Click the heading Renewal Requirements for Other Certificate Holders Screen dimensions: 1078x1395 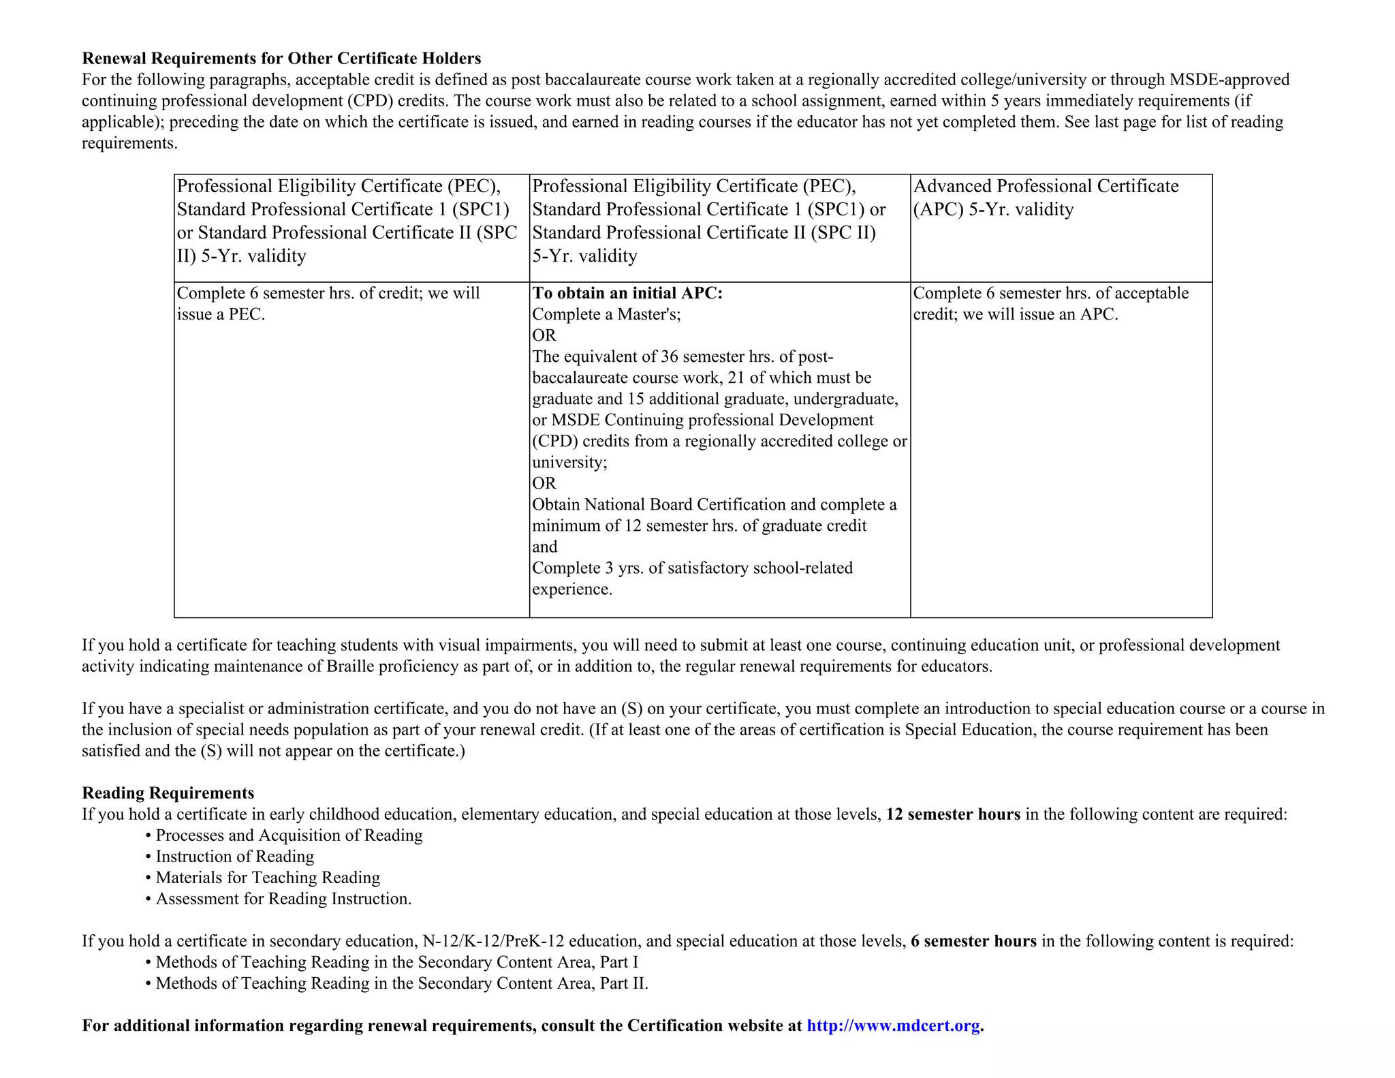281,59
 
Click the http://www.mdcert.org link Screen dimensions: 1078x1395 893,1026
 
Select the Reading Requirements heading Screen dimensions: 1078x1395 168,793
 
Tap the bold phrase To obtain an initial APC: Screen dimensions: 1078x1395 627,293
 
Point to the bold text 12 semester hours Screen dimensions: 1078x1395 952,814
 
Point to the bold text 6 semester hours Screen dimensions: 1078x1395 973,941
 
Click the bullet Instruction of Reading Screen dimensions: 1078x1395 234,857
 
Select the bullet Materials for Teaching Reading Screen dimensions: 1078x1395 267,878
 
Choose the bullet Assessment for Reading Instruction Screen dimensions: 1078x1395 283,899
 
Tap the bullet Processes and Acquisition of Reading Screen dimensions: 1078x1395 289,835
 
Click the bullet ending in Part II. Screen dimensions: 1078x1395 402,983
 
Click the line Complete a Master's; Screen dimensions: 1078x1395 606,314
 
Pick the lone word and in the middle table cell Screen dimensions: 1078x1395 544,547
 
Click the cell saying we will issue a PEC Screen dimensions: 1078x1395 328,304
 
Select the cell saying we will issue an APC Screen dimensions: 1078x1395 1050,304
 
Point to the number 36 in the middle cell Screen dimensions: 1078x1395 669,357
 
